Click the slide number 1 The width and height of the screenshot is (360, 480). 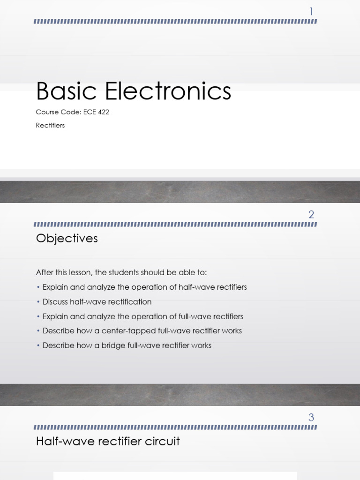311,12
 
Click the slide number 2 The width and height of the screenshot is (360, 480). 311,215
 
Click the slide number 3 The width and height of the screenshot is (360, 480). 311,417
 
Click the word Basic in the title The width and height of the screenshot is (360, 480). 67,91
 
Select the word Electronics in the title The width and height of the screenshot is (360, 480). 168,91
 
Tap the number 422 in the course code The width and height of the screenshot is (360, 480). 103,112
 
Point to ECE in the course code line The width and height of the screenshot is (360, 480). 89,112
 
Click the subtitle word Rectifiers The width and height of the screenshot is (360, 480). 50,125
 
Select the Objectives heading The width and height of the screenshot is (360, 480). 67,239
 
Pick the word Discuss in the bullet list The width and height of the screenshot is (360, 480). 55,302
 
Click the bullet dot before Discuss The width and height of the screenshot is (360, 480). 38,302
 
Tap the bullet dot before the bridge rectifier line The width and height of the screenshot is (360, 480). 38,345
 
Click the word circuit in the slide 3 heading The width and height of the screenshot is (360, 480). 165,441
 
